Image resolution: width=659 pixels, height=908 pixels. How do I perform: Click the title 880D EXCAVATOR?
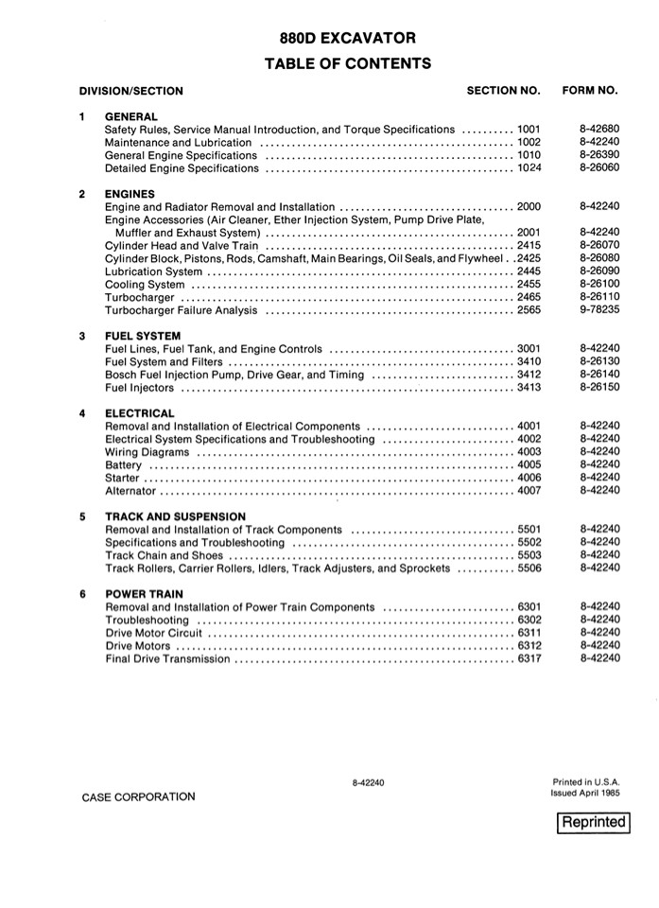pyautogui.click(x=347, y=39)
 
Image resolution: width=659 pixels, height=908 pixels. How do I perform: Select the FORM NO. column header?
pyautogui.click(x=590, y=91)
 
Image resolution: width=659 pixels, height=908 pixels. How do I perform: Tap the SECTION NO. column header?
pyautogui.click(x=503, y=91)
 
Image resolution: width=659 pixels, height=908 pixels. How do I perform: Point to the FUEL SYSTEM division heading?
pyautogui.click(x=142, y=336)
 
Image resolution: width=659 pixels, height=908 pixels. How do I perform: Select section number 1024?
pyautogui.click(x=529, y=168)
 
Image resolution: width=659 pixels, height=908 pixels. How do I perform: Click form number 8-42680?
pyautogui.click(x=599, y=129)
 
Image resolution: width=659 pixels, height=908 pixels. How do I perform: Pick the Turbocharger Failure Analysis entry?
pyautogui.click(x=182, y=310)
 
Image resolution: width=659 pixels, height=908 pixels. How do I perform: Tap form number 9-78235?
pyautogui.click(x=599, y=309)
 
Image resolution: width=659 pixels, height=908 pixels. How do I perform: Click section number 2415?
pyautogui.click(x=529, y=245)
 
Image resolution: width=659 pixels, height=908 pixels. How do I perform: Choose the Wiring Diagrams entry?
pyautogui.click(x=147, y=452)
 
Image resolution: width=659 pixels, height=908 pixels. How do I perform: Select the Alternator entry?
pyautogui.click(x=130, y=491)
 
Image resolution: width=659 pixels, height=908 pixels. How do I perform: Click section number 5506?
pyautogui.click(x=529, y=568)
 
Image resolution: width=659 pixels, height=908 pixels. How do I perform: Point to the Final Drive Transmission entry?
pyautogui.click(x=167, y=658)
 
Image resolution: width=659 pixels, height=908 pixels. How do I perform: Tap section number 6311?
pyautogui.click(x=529, y=633)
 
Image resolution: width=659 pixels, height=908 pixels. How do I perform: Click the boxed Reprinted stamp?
pyautogui.click(x=594, y=822)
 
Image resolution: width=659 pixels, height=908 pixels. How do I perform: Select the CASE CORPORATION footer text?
pyautogui.click(x=138, y=797)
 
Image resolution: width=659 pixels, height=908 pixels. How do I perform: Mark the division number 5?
pyautogui.click(x=82, y=517)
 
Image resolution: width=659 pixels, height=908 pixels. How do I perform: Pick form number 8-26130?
pyautogui.click(x=599, y=361)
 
